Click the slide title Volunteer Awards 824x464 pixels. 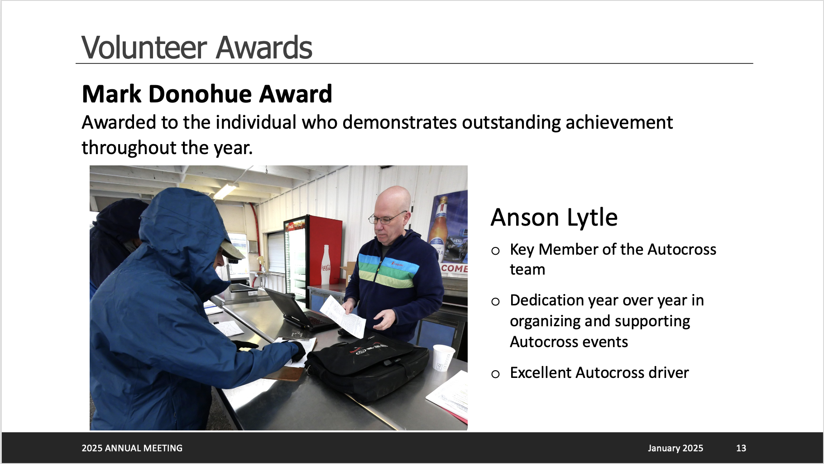pos(197,47)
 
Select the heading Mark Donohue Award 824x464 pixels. pos(207,94)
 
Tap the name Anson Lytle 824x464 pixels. pos(554,217)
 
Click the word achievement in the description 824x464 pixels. pos(619,122)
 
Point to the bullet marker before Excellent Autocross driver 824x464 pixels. pos(495,374)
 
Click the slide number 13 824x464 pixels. pos(741,448)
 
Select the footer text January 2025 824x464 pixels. pos(675,448)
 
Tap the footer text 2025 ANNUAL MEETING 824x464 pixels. pos(132,448)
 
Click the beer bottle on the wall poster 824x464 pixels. pos(439,222)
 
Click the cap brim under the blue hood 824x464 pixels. pos(233,251)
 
